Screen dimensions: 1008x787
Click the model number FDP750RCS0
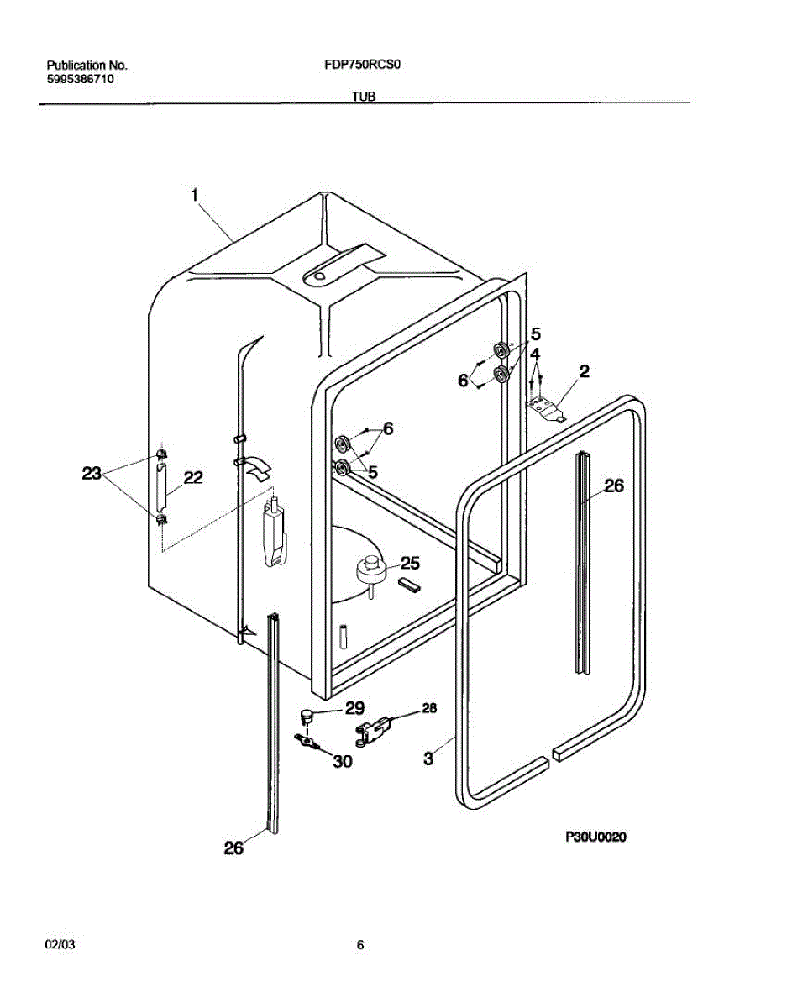pos(360,65)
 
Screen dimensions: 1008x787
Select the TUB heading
pos(363,97)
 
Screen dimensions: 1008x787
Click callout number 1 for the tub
pos(194,195)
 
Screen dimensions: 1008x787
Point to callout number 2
pos(584,371)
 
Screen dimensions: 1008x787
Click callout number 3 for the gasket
pos(428,759)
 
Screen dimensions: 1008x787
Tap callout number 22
pos(192,478)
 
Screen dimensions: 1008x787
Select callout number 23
pos(92,474)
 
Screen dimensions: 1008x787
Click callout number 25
pos(409,563)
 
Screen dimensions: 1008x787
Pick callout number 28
pos(428,709)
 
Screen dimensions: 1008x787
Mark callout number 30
pos(342,762)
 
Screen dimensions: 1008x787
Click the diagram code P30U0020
pos(595,837)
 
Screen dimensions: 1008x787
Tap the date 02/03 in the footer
pos(60,945)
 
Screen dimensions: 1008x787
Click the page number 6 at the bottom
pos(360,945)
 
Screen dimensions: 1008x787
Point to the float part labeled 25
pos(368,570)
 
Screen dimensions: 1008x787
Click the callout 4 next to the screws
pos(535,354)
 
